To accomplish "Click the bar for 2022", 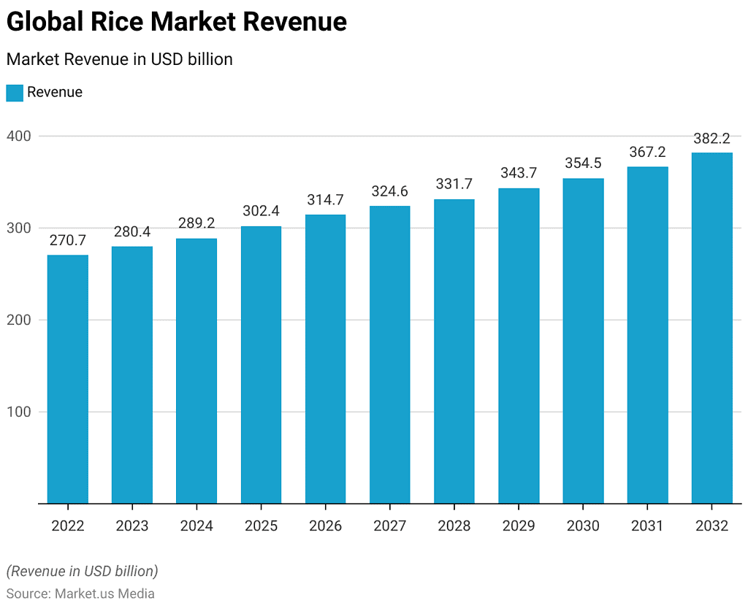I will pos(68,379).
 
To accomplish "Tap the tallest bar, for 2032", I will pos(712,328).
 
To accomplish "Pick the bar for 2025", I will pos(261,364).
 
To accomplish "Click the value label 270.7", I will pos(68,240).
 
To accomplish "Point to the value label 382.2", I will pos(712,138).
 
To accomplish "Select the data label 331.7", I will pos(454,184).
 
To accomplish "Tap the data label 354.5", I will pos(583,163).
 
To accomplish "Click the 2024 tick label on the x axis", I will pos(196,526).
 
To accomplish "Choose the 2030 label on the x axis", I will pos(583,526).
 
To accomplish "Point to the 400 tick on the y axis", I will pos(20,136).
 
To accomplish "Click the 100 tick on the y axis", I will pos(20,412).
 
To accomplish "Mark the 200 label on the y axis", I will pos(20,320).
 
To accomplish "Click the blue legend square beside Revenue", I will pos(15,93).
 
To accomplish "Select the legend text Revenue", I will pos(55,93).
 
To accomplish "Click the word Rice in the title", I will pos(118,23).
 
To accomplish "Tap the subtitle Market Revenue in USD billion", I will pos(119,59).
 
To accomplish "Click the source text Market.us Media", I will pos(104,593).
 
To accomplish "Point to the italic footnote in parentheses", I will pos(82,571).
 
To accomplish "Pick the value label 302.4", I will pos(261,211).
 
